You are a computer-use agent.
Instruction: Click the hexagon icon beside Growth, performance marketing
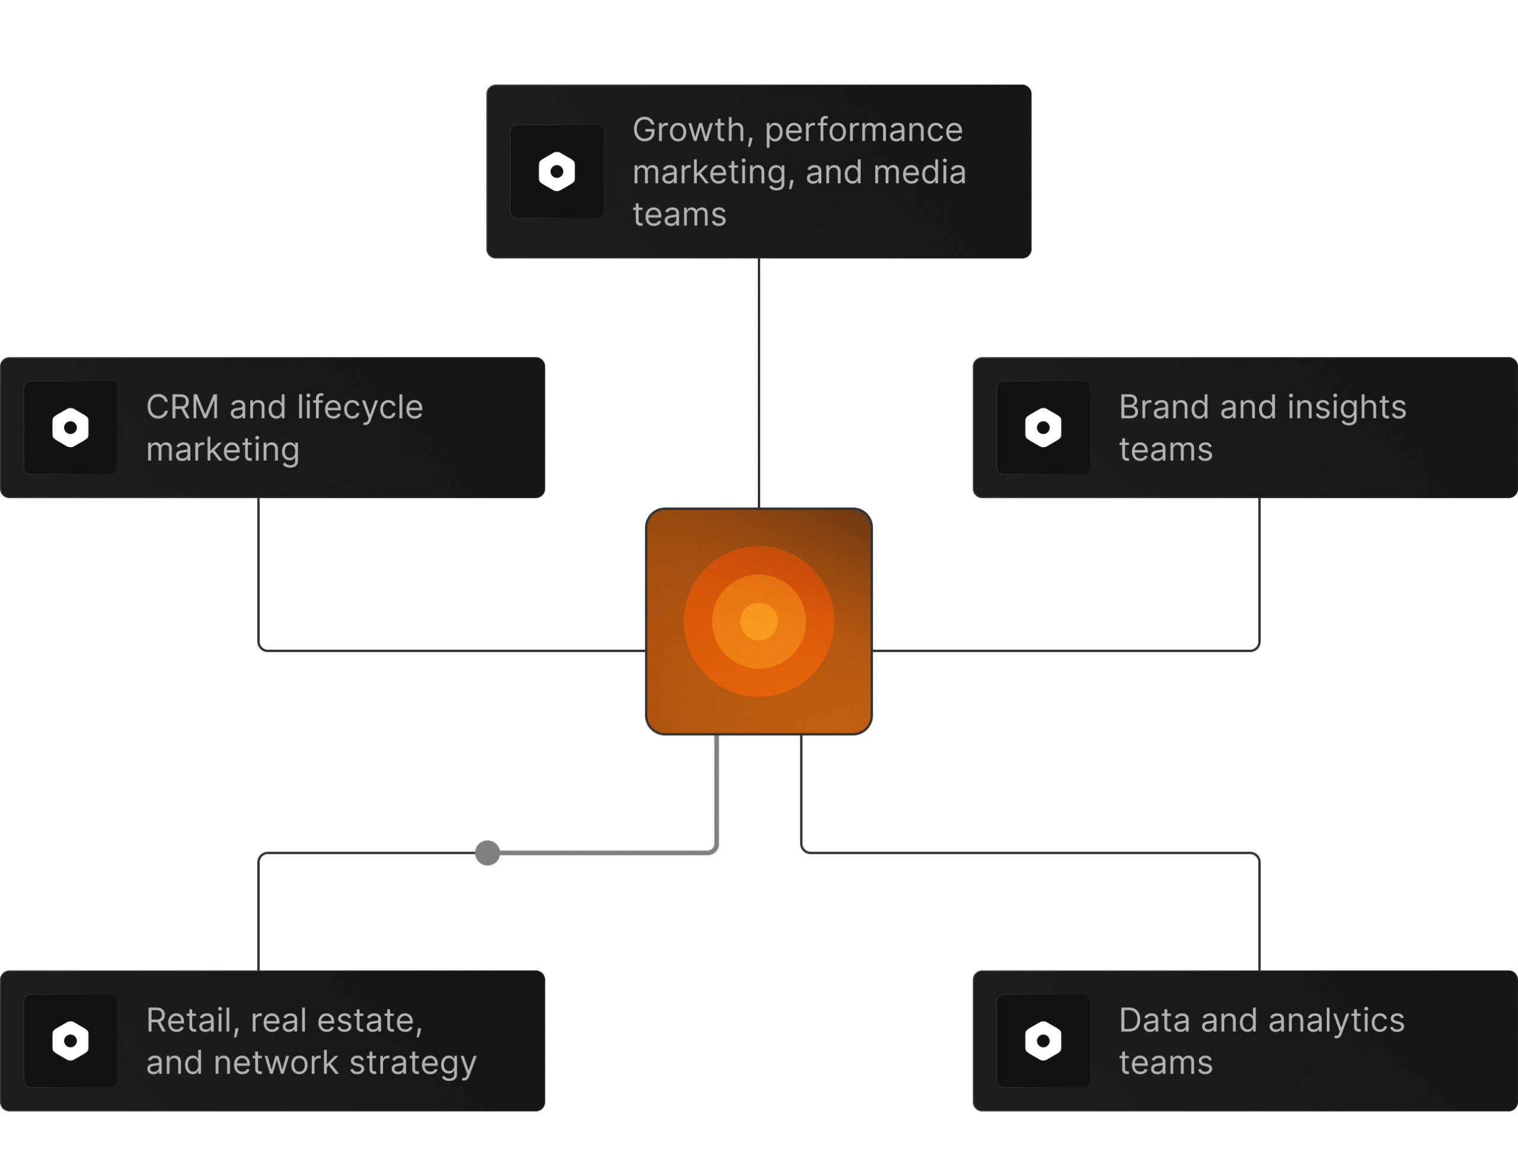pos(557,171)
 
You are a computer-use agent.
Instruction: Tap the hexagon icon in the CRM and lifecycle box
pos(70,427)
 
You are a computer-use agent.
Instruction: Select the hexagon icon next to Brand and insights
pos(1042,427)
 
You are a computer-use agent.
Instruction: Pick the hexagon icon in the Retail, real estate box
pos(70,1041)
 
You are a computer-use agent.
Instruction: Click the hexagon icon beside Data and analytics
pos(1042,1041)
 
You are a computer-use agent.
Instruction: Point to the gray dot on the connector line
pos(487,853)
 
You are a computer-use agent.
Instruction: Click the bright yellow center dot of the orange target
pos(758,621)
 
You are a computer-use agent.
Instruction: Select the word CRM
pos(182,407)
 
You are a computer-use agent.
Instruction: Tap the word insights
pos(1347,407)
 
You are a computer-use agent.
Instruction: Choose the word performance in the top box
pos(863,130)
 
